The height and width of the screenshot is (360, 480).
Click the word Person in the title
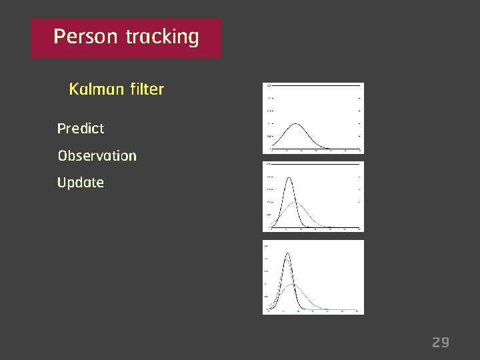pyautogui.click(x=85, y=37)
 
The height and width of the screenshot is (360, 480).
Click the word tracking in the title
pyautogui.click(x=162, y=37)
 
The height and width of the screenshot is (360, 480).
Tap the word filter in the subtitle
pyautogui.click(x=143, y=89)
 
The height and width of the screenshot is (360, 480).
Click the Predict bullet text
pyautogui.click(x=81, y=128)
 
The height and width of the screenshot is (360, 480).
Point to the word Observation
pyautogui.click(x=97, y=155)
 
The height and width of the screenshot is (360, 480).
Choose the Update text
pyautogui.click(x=81, y=183)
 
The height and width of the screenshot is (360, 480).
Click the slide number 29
pyautogui.click(x=441, y=343)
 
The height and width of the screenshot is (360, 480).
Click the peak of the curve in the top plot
pyautogui.click(x=296, y=124)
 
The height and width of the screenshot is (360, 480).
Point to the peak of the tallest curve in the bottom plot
pyautogui.click(x=288, y=253)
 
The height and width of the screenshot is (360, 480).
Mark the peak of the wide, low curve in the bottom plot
pyautogui.click(x=293, y=285)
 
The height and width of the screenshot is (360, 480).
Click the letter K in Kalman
pyautogui.click(x=73, y=89)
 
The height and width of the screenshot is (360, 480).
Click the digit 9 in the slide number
pyautogui.click(x=446, y=343)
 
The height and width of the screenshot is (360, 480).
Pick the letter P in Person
pyautogui.click(x=59, y=37)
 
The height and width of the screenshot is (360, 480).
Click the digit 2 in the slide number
pyautogui.click(x=436, y=343)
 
